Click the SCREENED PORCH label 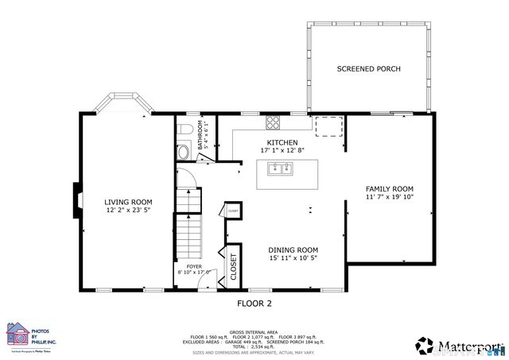(368, 69)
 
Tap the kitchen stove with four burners (274, 122)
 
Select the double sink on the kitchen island (280, 168)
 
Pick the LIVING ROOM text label (128, 202)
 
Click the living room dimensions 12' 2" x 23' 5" (128, 211)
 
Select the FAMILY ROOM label (390, 188)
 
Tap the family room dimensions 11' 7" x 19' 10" (390, 197)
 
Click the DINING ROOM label (293, 249)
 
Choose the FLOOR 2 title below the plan (254, 304)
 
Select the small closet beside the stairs (233, 210)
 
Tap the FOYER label (194, 266)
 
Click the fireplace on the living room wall (77, 200)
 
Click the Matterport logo (460, 345)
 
